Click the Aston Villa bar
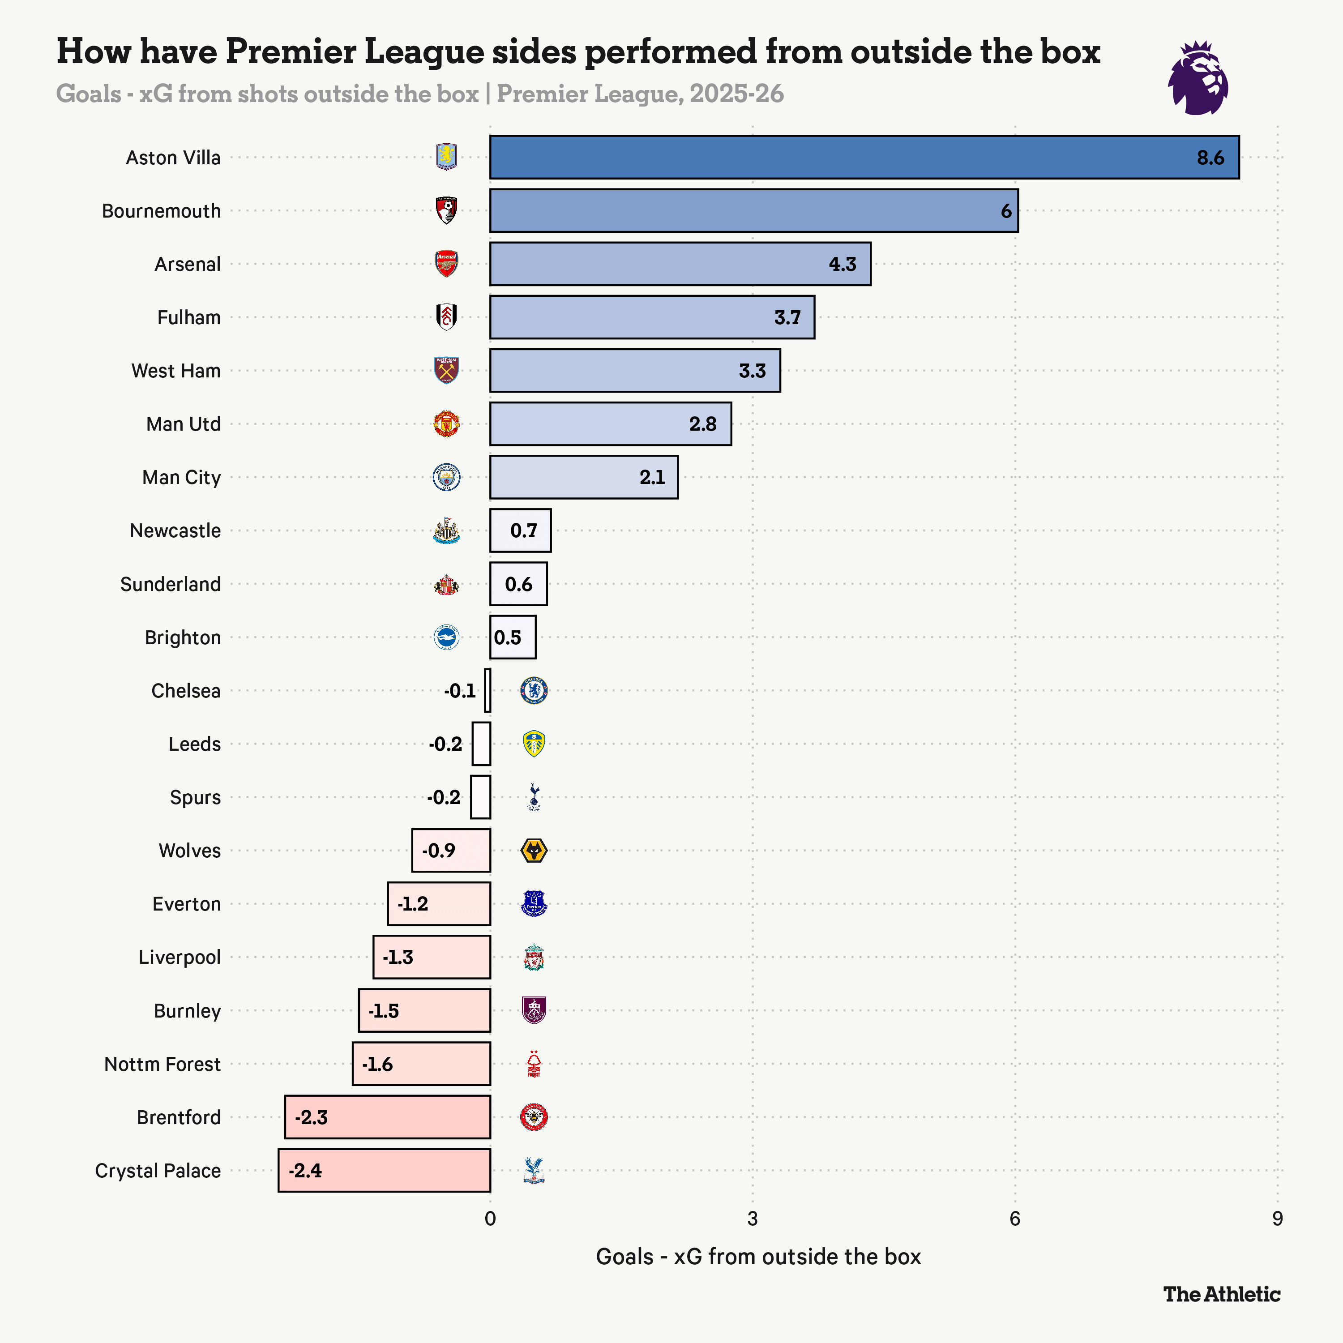point(864,157)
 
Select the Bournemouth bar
point(753,210)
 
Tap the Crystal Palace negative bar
point(385,1171)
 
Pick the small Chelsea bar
point(488,690)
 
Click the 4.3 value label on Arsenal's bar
point(843,264)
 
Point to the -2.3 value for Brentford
point(311,1117)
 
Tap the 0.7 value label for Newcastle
point(523,530)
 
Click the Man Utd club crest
point(446,424)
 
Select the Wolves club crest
point(534,850)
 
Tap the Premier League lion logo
point(1198,78)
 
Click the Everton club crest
point(534,904)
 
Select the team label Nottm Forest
point(162,1064)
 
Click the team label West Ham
point(176,371)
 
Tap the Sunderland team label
point(170,584)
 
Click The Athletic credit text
point(1221,1294)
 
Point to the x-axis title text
point(758,1257)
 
